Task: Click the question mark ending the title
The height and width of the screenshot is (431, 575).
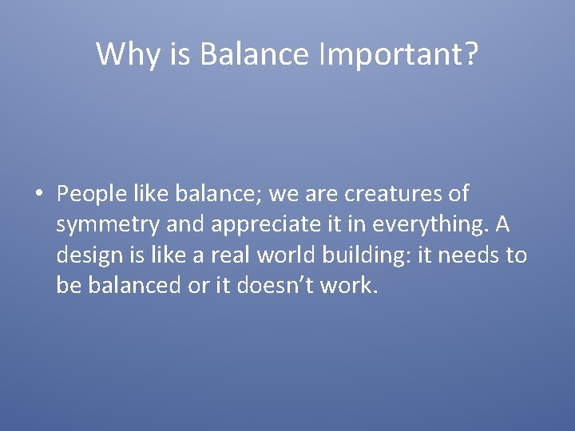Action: point(470,54)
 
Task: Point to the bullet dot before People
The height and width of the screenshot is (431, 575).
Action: point(38,195)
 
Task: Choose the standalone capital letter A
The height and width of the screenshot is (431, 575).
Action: point(502,224)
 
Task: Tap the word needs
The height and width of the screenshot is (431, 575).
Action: point(469,255)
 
